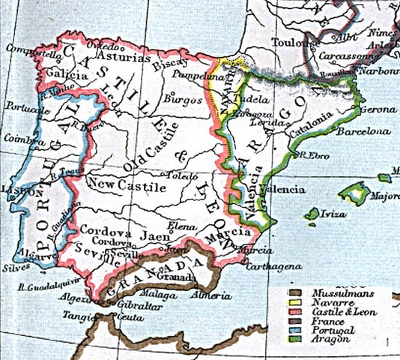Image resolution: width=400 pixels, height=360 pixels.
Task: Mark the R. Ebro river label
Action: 307,156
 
